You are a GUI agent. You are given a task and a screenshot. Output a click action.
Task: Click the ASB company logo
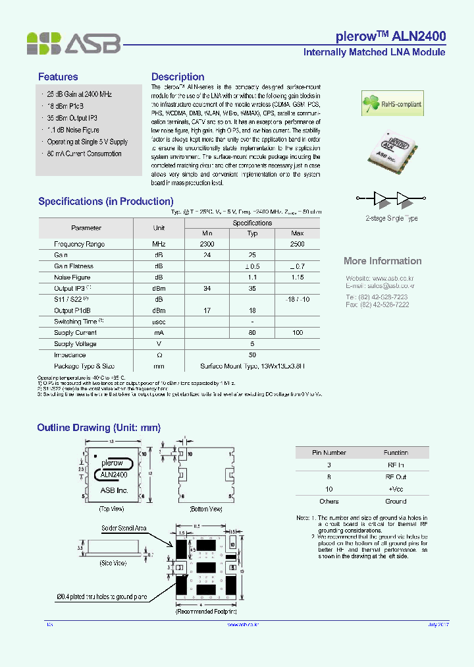click(74, 43)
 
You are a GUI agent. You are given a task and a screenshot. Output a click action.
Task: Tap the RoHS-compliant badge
click(392, 103)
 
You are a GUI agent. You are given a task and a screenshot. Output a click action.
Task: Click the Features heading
click(58, 77)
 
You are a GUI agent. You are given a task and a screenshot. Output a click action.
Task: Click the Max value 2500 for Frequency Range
click(297, 244)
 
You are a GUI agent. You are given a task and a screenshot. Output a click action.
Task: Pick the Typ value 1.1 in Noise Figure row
click(252, 277)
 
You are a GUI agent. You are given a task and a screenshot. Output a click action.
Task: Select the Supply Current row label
click(75, 333)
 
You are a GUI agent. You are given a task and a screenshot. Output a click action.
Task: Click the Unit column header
click(159, 228)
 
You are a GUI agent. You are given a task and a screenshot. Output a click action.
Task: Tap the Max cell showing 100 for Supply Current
click(297, 333)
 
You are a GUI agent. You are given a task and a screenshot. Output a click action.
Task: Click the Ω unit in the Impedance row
click(159, 355)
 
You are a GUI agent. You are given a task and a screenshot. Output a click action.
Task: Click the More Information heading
click(382, 261)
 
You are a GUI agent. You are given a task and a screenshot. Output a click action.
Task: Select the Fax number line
click(377, 304)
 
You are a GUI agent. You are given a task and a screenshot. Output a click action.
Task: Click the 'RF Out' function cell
click(396, 477)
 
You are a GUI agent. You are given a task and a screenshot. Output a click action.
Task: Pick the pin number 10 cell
click(329, 488)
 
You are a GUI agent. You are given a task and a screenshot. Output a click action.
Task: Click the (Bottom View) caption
click(206, 509)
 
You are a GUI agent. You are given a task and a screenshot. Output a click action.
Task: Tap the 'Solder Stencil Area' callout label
click(124, 528)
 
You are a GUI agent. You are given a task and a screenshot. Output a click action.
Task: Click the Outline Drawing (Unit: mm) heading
click(99, 428)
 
